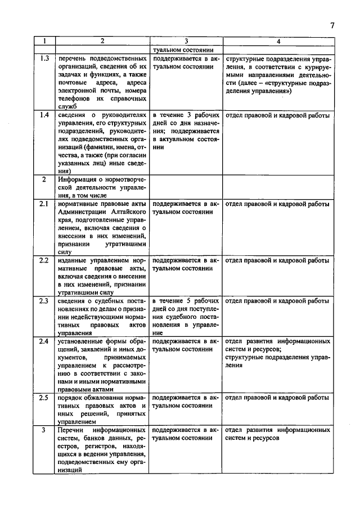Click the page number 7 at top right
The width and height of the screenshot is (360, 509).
click(x=332, y=25)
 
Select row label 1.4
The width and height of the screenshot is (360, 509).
click(x=44, y=116)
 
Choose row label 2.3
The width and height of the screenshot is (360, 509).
click(x=44, y=301)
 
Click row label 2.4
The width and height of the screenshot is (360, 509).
click(x=44, y=341)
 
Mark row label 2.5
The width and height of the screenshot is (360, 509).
click(x=44, y=398)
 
